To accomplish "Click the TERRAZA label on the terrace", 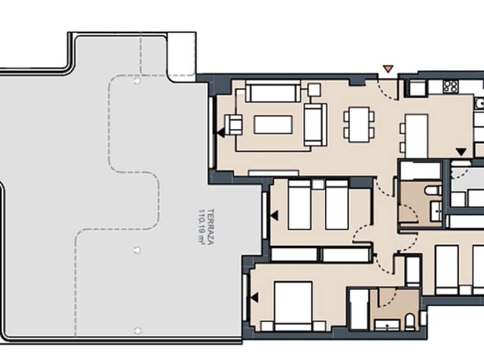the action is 211,227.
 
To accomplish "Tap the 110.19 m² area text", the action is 202,227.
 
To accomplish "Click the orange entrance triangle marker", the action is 388,68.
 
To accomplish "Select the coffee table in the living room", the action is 273,124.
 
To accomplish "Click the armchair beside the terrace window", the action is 233,124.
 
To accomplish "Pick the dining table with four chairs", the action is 359,124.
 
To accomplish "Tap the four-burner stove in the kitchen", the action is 451,86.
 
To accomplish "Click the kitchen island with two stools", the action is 414,136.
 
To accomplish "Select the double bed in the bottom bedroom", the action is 293,306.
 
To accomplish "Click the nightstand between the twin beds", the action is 317,184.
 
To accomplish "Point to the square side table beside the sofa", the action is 314,90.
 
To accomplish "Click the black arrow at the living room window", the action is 220,133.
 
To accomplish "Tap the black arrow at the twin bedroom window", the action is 274,216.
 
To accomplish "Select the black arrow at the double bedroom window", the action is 254,297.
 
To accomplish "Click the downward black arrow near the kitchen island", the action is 461,152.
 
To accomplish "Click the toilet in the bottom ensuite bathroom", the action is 410,322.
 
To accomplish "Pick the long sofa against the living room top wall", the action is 273,92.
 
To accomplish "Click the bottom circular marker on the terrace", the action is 138,331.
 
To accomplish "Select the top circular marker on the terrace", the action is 137,81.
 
